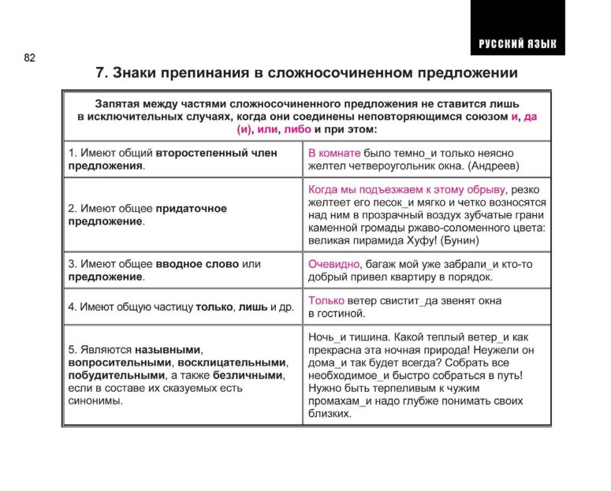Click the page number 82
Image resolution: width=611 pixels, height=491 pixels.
(29, 58)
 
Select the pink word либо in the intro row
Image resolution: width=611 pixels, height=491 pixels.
(296, 128)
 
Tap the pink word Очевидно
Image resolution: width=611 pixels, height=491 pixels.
(333, 263)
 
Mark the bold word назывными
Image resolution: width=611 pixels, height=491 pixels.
(169, 349)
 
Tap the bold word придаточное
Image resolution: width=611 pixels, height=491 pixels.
(191, 208)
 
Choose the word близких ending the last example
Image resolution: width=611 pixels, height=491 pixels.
(329, 414)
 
